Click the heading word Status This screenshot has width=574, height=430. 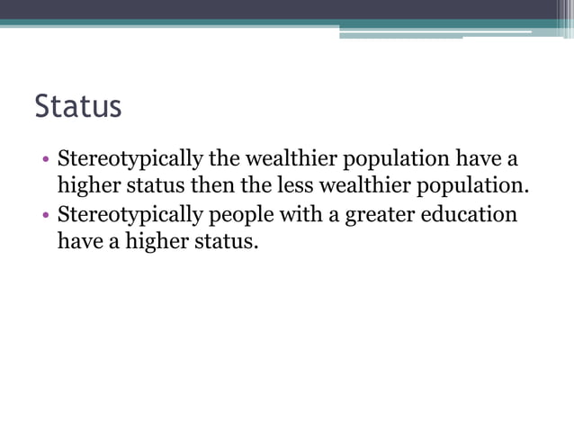77,106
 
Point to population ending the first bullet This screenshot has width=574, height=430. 478,187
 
